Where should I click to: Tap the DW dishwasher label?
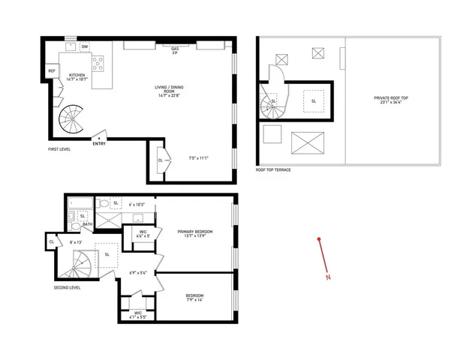[x=85, y=47]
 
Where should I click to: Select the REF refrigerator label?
[x=52, y=71]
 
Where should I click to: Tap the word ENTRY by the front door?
[x=99, y=145]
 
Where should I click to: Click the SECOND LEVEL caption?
[x=66, y=287]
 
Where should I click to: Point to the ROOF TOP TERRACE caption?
[x=273, y=170]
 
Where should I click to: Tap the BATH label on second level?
[x=87, y=224]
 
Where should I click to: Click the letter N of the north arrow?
[x=328, y=277]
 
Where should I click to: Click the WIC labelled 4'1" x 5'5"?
[x=137, y=315]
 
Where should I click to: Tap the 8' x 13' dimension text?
[x=76, y=242]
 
